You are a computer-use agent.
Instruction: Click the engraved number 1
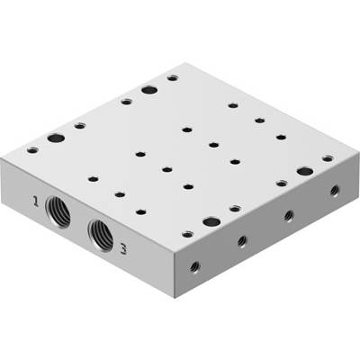[x=36, y=201]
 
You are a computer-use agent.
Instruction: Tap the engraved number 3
[x=122, y=249]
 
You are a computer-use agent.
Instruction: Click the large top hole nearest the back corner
[x=150, y=90]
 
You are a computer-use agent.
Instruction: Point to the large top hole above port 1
[x=56, y=139]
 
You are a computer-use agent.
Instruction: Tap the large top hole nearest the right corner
[x=305, y=172]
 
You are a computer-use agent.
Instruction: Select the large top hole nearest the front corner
[x=211, y=222]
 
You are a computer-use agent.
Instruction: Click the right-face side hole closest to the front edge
[x=195, y=265]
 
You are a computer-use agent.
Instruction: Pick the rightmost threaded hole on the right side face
[x=335, y=191]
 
